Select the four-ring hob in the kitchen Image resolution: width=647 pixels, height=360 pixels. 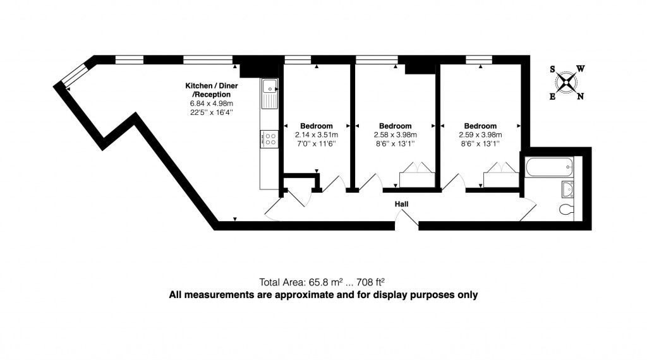[269, 138]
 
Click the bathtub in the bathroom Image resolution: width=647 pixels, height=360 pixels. [549, 167]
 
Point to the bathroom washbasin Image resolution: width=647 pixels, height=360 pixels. [567, 189]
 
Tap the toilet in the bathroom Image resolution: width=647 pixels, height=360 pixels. [567, 210]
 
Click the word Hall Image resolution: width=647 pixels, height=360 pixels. [401, 205]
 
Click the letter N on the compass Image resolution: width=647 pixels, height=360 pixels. [580, 96]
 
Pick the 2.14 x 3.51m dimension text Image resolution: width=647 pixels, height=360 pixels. [316, 135]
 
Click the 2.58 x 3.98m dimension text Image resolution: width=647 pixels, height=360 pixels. [395, 135]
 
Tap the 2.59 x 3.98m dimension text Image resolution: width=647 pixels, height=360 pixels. [480, 135]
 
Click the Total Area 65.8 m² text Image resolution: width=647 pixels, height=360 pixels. [323, 282]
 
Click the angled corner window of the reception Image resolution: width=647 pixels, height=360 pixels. [74, 75]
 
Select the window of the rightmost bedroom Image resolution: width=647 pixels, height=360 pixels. [478, 60]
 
